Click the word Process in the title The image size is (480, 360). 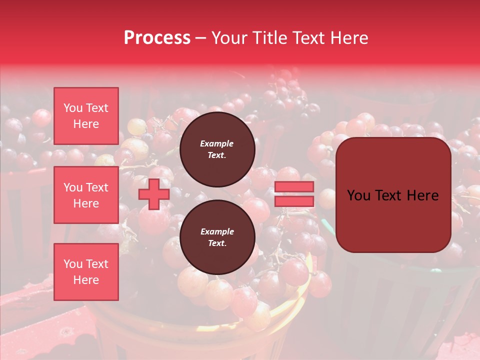(157, 38)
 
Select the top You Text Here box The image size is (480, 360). (86, 116)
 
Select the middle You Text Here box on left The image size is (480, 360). (86, 195)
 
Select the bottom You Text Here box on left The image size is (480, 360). (86, 272)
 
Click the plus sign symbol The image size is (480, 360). (154, 194)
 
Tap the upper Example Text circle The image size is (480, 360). (217, 149)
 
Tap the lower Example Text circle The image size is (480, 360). (217, 237)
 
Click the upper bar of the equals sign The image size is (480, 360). (294, 187)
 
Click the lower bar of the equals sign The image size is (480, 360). (294, 201)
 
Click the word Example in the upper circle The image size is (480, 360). (217, 143)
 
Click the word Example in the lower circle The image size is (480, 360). (217, 231)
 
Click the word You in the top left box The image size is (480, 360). (73, 108)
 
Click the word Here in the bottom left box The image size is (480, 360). (86, 280)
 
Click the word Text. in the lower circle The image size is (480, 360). (217, 243)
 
